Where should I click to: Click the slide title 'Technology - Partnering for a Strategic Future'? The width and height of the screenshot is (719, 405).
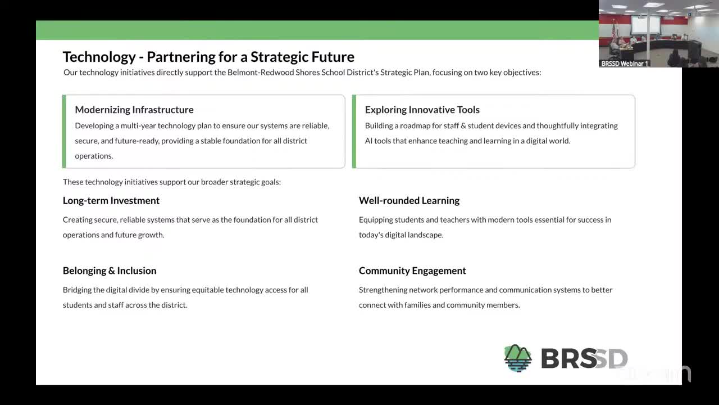pyautogui.click(x=208, y=57)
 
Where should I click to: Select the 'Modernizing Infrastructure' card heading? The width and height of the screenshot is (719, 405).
pyautogui.click(x=134, y=110)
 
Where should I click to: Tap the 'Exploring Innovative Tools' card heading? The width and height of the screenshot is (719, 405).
pyautogui.click(x=422, y=110)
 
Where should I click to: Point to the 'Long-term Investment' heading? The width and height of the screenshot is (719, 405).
pyautogui.click(x=111, y=201)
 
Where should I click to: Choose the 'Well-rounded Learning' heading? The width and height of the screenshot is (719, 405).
pyautogui.click(x=409, y=201)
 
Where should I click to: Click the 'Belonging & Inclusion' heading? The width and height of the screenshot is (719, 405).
pyautogui.click(x=110, y=271)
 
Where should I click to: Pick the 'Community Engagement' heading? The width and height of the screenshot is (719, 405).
pyautogui.click(x=412, y=271)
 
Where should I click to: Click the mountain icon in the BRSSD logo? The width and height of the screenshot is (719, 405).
pyautogui.click(x=517, y=358)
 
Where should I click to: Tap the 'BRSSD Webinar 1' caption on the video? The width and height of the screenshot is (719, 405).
pyautogui.click(x=625, y=64)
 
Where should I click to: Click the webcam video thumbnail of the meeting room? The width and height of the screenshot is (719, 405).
pyautogui.click(x=658, y=31)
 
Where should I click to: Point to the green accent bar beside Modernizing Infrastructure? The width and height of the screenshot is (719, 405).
pyautogui.click(x=64, y=132)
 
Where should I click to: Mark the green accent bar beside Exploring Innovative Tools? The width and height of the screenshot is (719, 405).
pyautogui.click(x=354, y=132)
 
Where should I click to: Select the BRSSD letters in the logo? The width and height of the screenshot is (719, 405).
pyautogui.click(x=584, y=359)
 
